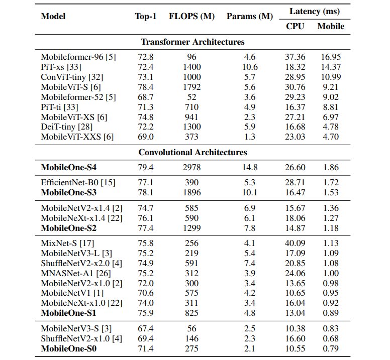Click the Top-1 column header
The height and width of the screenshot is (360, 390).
pos(146,16)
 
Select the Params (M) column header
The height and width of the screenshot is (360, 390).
pos(250,16)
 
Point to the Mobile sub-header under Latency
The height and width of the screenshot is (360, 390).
pos(331,26)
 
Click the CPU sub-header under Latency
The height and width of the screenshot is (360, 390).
pos(295,26)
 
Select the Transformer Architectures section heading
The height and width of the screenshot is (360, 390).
pos(193,42)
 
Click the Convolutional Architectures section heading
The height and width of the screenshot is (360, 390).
pos(193,152)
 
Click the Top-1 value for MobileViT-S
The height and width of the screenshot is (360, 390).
pos(145,87)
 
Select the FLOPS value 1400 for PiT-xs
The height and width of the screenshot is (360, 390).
pos(191,67)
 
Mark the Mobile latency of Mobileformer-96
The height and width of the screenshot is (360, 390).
pos(331,57)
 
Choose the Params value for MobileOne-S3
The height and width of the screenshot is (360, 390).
pos(250,192)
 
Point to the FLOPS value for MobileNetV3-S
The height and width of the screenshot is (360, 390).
pos(191,328)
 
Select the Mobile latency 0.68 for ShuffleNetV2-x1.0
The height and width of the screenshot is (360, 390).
pos(331,338)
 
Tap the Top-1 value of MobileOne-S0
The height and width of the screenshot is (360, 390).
pos(145,348)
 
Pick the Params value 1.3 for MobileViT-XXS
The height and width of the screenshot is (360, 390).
pos(250,137)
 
